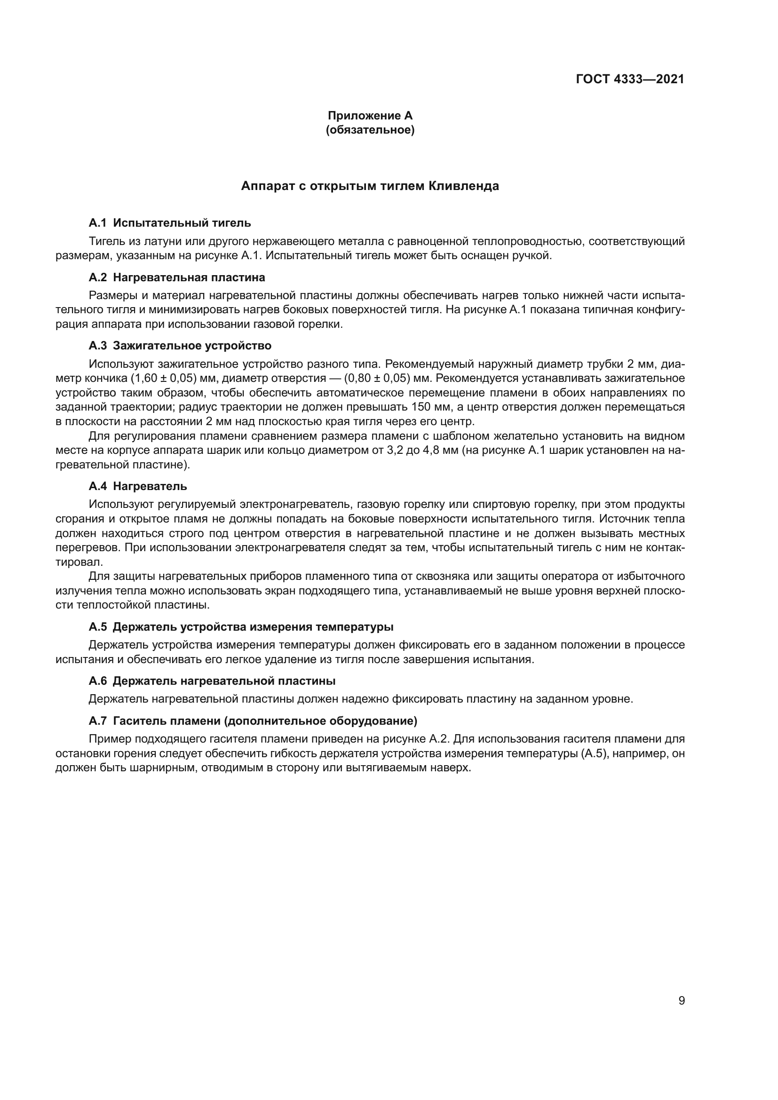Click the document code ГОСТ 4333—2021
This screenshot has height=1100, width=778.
point(629,79)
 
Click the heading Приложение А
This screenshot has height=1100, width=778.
point(370,116)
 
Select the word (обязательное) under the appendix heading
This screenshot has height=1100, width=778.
point(370,130)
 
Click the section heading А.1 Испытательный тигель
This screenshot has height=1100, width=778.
point(170,223)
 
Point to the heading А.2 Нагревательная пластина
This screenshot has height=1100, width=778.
point(177,277)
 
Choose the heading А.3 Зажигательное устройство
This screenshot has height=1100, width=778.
point(180,346)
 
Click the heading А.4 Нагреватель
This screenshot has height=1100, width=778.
point(137,486)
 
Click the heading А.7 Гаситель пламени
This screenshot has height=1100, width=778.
point(253,720)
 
